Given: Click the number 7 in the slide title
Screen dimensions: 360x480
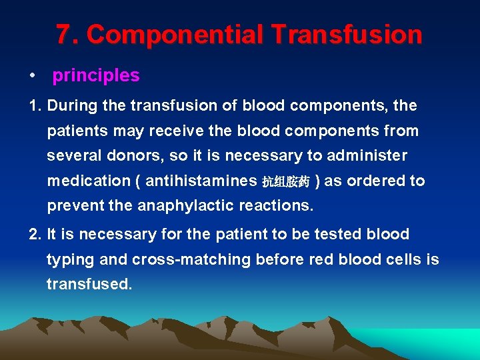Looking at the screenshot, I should (x=63, y=35).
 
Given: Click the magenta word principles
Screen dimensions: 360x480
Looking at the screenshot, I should (x=96, y=76).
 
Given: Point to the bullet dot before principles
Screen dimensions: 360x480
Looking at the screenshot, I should (x=32, y=77).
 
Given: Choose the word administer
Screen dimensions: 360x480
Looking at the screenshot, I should (x=369, y=156).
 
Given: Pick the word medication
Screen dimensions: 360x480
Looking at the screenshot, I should (x=89, y=181).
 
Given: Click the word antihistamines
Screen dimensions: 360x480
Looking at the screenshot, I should (x=201, y=181).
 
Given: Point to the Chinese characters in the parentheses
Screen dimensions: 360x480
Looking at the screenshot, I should (x=285, y=182).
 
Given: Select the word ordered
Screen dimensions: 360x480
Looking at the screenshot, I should (x=376, y=181).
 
